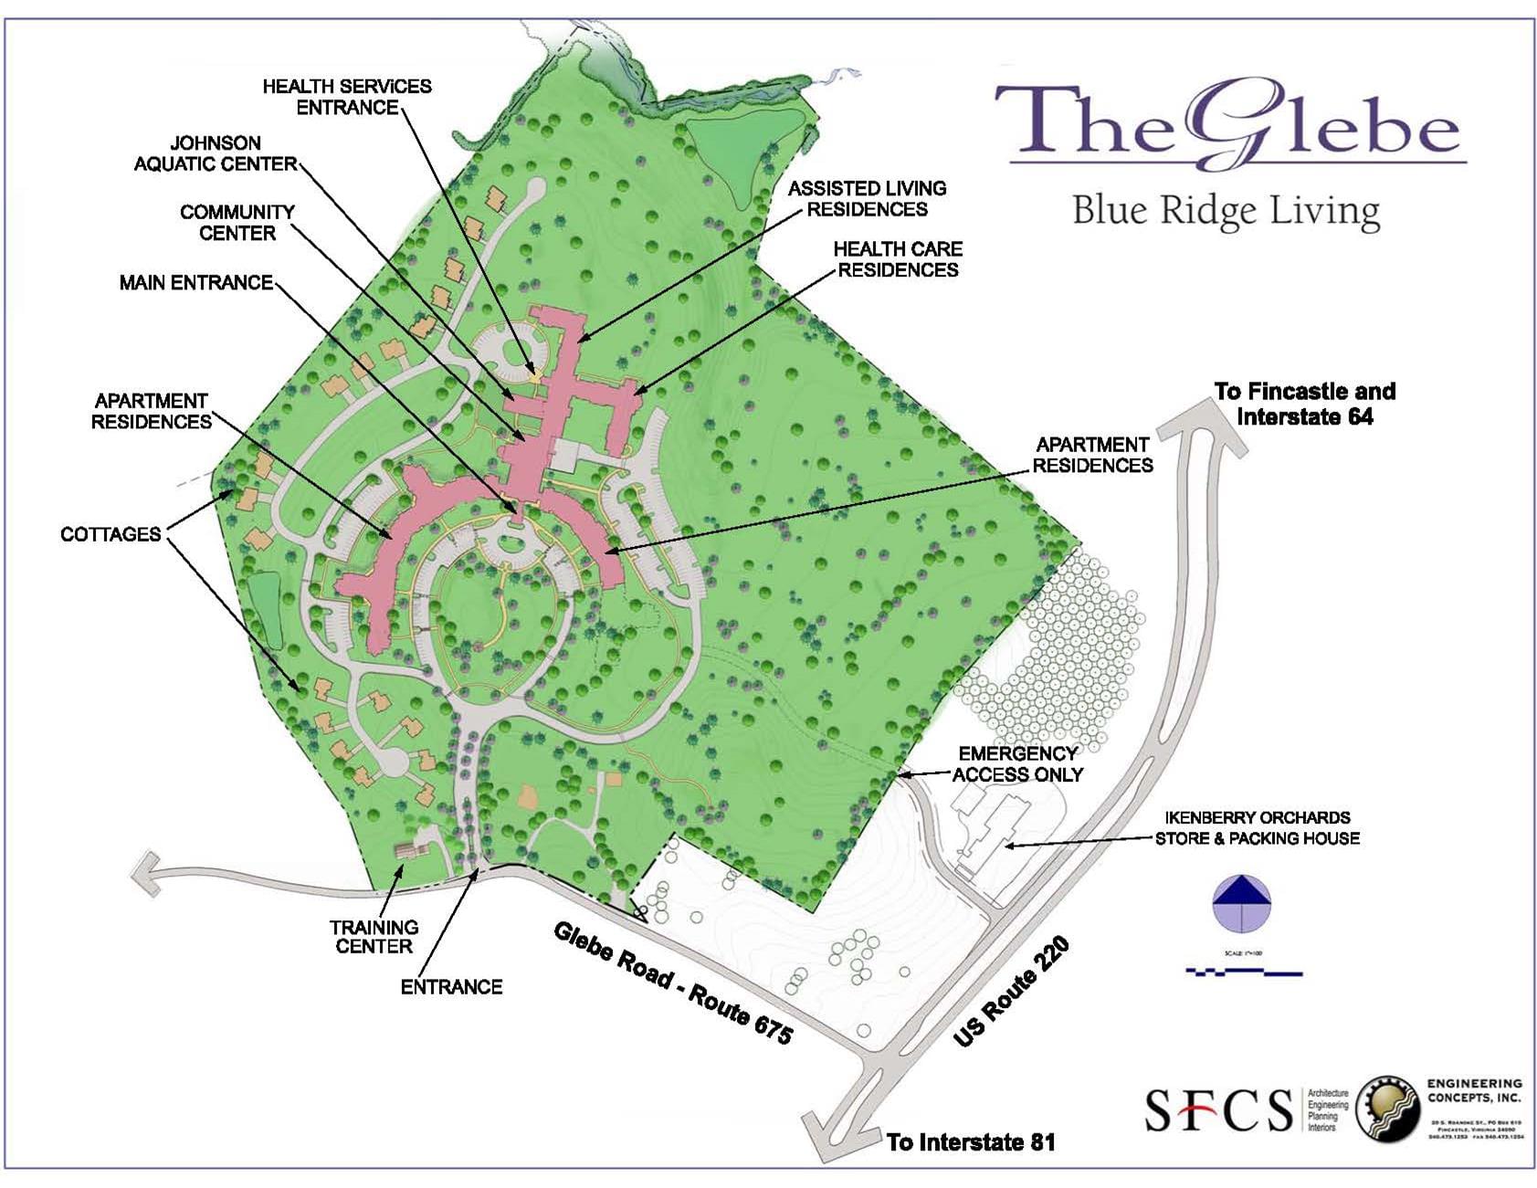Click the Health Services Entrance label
[346, 97]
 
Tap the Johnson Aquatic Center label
[216, 153]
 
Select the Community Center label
[237, 223]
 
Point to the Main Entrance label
[196, 283]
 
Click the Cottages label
[111, 534]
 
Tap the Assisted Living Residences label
[867, 199]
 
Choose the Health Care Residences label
[898, 259]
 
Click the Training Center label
[374, 937]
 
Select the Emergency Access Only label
[1017, 764]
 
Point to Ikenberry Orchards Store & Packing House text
[1257, 828]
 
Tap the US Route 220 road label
[1012, 993]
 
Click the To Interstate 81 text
[970, 1142]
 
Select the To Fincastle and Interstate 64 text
[1304, 404]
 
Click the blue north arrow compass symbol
[1242, 903]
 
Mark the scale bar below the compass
[1243, 972]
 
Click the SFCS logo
[1218, 1109]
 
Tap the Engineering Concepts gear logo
[1387, 1109]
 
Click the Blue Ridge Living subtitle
[1225, 211]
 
